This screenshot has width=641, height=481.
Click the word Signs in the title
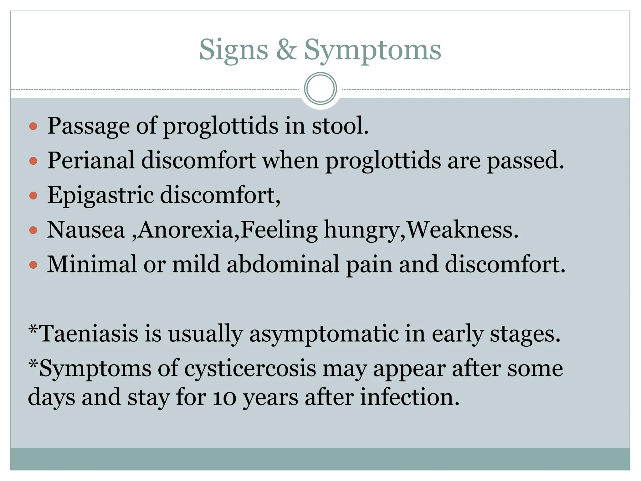(x=233, y=50)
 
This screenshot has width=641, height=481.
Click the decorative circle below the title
(x=320, y=89)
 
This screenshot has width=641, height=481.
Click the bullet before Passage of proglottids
(x=33, y=127)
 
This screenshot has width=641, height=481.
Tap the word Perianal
(x=91, y=161)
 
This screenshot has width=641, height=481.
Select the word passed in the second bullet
(x=525, y=161)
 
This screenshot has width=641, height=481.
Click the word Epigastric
(x=100, y=195)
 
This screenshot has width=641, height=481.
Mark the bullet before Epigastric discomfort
(x=33, y=196)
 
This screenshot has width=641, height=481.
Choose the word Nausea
(x=86, y=230)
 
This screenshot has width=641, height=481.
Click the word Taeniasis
(x=89, y=334)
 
